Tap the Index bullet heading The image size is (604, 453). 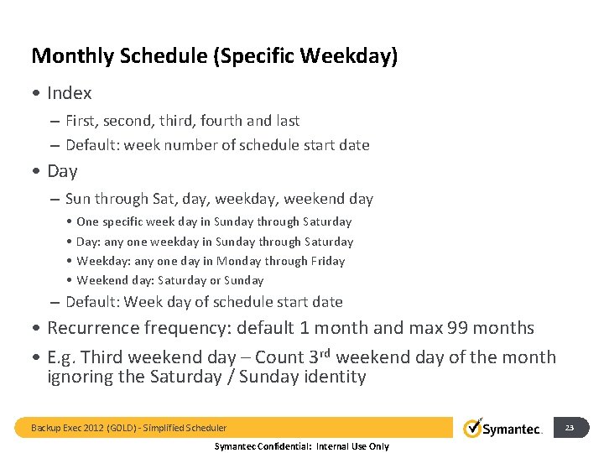[x=69, y=93]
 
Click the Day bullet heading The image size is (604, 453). [x=62, y=171]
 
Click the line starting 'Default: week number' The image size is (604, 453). [x=217, y=145]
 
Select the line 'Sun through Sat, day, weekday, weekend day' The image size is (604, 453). [x=219, y=199]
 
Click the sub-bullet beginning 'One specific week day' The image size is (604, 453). [x=214, y=222]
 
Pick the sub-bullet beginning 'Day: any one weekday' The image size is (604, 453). [x=215, y=242]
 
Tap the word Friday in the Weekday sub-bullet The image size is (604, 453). [x=328, y=261]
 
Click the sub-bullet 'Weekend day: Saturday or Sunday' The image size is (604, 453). [x=169, y=280]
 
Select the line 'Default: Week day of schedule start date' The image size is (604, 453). [x=204, y=302]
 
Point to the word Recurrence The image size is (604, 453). [x=93, y=328]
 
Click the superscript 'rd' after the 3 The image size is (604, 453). [x=328, y=352]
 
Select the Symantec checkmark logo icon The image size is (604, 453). [x=473, y=427]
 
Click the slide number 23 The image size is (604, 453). [x=570, y=428]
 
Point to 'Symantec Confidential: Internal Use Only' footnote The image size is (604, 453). [x=302, y=446]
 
